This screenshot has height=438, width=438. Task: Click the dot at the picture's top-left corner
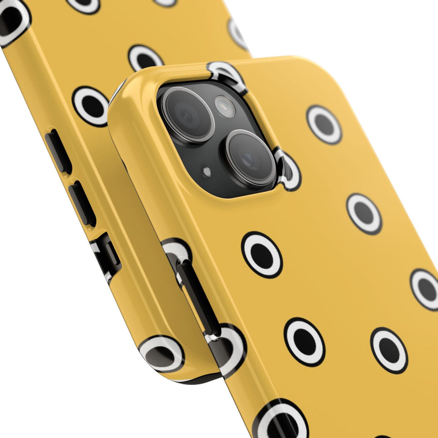pos(12,18)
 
